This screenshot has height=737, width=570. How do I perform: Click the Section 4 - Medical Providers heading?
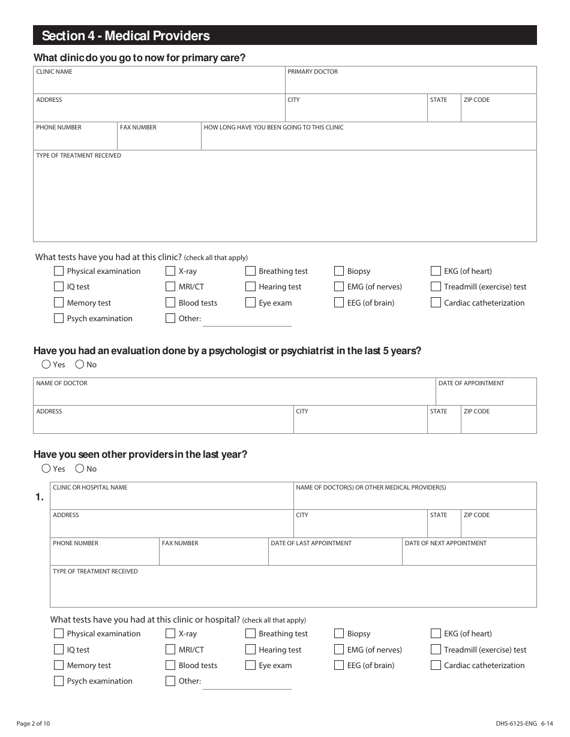pyautogui.click(x=126, y=36)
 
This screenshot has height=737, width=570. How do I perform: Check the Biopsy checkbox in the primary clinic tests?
pyautogui.click(x=339, y=271)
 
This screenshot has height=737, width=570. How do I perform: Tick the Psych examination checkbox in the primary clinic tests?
pyautogui.click(x=59, y=318)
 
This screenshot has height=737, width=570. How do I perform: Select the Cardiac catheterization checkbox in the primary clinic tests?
pyautogui.click(x=436, y=303)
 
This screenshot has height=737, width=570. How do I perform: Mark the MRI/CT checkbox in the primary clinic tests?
pyautogui.click(x=170, y=286)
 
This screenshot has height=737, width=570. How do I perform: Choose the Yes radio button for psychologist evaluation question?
pyautogui.click(x=46, y=364)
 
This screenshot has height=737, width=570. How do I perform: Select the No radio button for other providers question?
pyautogui.click(x=79, y=469)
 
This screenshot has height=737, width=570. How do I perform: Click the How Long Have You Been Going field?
pyautogui.click(x=368, y=139)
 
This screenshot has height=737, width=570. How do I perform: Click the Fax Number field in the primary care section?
pyautogui.click(x=159, y=139)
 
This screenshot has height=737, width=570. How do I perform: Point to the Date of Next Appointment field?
pyautogui.click(x=469, y=555)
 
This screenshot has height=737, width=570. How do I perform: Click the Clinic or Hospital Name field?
pyautogui.click(x=172, y=499)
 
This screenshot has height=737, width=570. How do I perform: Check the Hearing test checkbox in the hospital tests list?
pyautogui.click(x=250, y=650)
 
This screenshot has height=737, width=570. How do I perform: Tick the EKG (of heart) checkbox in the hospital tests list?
pyautogui.click(x=436, y=633)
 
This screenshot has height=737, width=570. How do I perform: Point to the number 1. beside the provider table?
pyautogui.click(x=40, y=497)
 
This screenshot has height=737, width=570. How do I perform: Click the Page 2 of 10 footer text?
pyautogui.click(x=34, y=724)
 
